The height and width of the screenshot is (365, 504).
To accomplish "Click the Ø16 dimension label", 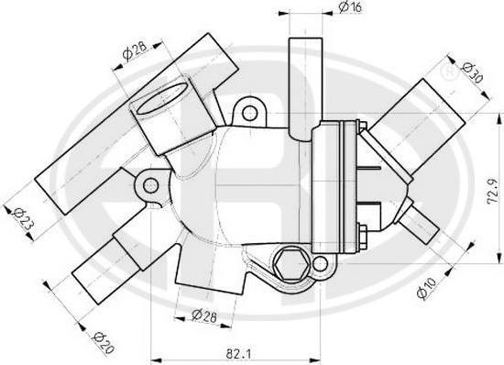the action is [x=350, y=7].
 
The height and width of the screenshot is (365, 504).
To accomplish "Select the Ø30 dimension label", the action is [x=473, y=73].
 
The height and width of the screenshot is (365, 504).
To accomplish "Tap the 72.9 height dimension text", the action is [x=492, y=192].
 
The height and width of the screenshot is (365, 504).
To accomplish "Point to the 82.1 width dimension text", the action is [x=238, y=354].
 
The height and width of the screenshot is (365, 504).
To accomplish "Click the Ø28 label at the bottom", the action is [x=204, y=315].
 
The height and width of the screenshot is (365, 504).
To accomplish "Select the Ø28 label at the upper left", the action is [x=135, y=50].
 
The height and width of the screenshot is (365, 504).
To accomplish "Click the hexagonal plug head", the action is [x=290, y=264].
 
